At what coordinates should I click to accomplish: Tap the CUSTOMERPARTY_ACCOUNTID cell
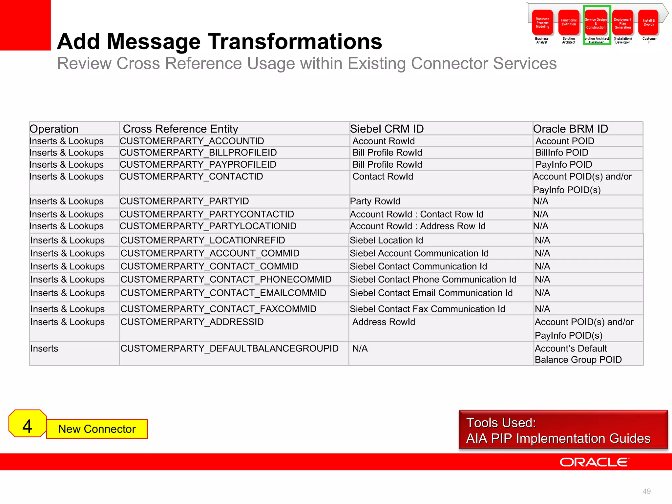click(x=192, y=141)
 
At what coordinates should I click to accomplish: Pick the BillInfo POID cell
click(x=562, y=153)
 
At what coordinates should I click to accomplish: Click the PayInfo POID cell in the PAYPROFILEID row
click(x=564, y=164)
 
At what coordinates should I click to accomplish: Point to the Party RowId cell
click(x=375, y=201)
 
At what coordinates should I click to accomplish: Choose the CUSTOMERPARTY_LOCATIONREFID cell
click(x=203, y=240)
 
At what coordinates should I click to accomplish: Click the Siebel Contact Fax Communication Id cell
click(x=427, y=309)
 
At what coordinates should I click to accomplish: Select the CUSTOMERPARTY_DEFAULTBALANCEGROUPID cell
click(x=229, y=348)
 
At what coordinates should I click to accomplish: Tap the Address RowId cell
click(x=384, y=322)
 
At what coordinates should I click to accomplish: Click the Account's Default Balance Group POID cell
click(x=578, y=354)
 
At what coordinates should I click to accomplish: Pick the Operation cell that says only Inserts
click(x=44, y=348)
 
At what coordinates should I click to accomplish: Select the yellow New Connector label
click(x=97, y=429)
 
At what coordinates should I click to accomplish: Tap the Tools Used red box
click(x=563, y=430)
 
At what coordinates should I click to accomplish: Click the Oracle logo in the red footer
click(x=594, y=462)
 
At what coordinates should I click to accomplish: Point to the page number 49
click(x=646, y=491)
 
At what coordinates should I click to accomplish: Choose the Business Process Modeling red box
click(x=542, y=23)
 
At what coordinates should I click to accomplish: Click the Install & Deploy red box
click(x=649, y=23)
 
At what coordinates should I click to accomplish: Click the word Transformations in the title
click(x=294, y=42)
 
